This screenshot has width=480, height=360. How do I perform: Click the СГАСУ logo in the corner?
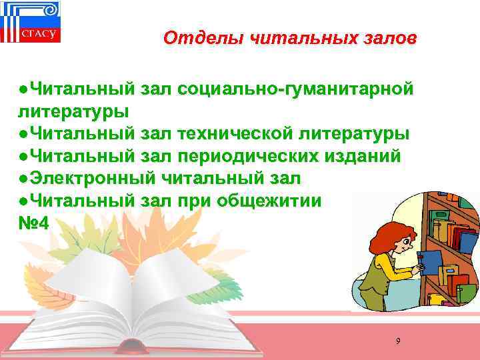30,23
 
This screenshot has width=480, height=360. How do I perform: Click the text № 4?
34,223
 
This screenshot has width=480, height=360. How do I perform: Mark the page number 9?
398,341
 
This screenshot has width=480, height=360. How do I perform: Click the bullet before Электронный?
23,178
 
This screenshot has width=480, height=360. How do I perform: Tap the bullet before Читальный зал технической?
23,133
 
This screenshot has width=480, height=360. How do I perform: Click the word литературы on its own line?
73,111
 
